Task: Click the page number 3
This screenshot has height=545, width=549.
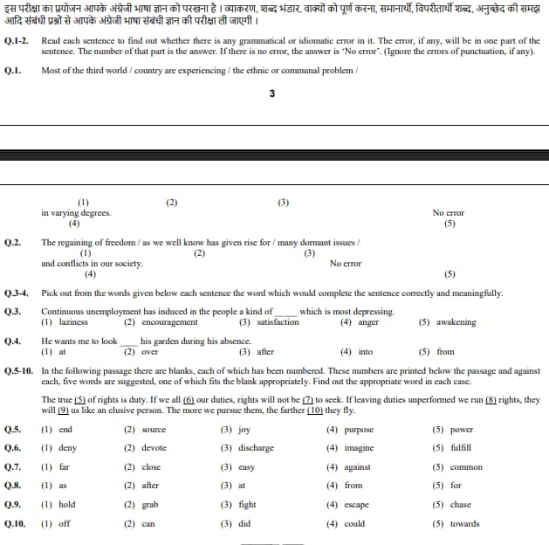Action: pos(273,94)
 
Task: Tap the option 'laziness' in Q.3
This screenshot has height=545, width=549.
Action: pos(73,322)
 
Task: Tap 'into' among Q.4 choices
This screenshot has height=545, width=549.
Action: pos(365,352)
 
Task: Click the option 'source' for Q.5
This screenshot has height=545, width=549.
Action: pos(153,430)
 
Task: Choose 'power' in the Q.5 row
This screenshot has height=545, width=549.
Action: pos(462,430)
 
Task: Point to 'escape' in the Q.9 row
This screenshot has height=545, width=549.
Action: pos(355,505)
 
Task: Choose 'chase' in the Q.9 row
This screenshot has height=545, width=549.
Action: pos(460,505)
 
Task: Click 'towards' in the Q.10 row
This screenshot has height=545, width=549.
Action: pos(464,524)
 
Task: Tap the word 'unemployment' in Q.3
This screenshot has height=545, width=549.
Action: pos(111,312)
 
